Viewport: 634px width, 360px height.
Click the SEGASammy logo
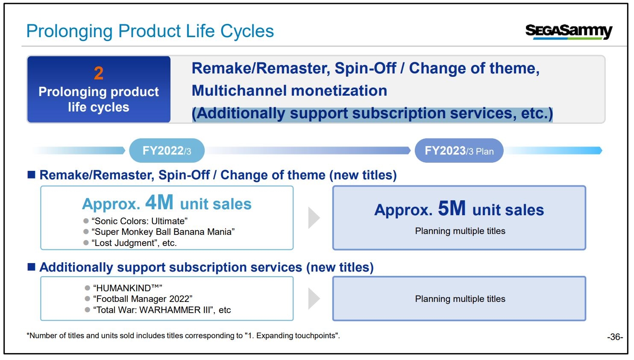point(569,32)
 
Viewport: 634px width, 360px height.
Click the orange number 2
point(99,73)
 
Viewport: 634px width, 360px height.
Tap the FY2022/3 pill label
point(167,151)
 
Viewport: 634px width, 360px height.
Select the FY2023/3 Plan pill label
point(459,151)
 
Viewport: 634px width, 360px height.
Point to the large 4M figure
point(159,202)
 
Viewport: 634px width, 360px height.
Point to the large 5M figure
point(452,208)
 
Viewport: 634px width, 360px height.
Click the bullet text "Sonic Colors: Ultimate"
point(140,221)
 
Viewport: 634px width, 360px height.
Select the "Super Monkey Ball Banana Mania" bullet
point(163,232)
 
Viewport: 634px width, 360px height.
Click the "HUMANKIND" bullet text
point(128,288)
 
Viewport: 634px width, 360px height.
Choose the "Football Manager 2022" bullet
point(143,299)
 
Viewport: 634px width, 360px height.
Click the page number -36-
point(615,337)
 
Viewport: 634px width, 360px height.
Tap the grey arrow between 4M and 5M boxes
point(313,218)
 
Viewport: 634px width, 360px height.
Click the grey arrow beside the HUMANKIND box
point(313,299)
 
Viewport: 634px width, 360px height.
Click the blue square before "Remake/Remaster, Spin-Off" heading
point(32,175)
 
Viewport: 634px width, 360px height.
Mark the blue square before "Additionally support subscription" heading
point(32,266)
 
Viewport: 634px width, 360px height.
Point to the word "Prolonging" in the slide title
point(69,31)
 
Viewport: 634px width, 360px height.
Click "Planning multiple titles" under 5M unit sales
point(460,231)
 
